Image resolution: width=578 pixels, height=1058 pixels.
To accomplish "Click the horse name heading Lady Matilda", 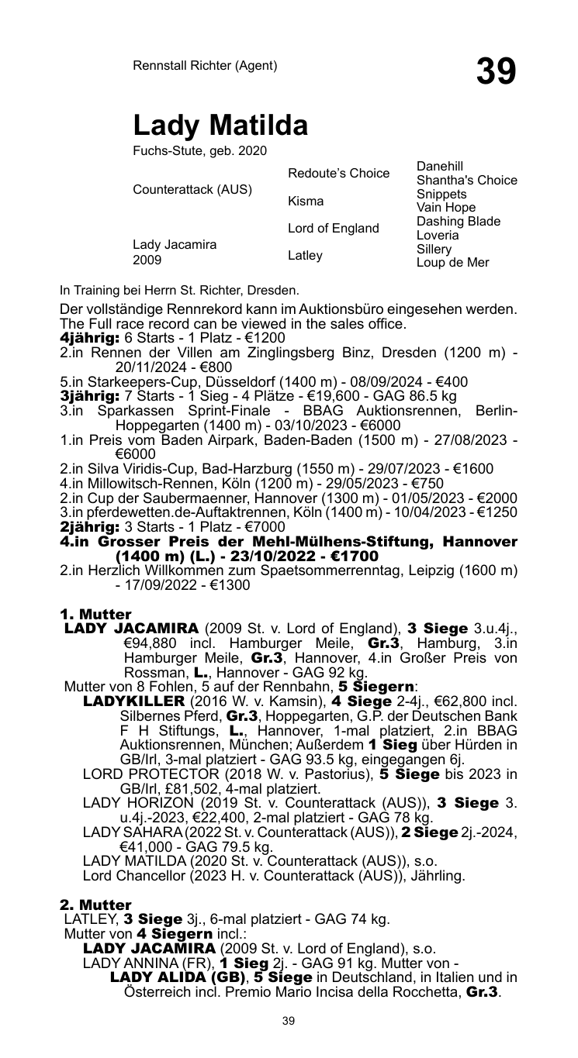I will (x=220, y=125).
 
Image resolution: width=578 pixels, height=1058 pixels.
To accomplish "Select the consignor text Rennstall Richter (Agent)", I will (x=205, y=66).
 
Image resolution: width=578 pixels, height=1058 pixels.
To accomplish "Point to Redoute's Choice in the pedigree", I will (x=338, y=174).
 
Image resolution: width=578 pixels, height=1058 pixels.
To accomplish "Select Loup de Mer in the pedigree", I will (x=453, y=263).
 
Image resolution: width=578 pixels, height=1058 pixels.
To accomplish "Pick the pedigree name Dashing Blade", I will (x=458, y=221).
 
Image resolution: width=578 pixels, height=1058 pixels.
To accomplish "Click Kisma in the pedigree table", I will (x=306, y=202).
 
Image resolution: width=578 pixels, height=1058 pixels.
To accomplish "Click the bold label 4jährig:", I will (x=89, y=338).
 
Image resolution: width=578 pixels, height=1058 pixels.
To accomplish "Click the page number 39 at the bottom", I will (x=289, y=1022).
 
